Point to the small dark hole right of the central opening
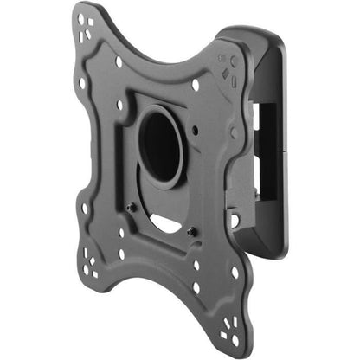(x=197, y=132)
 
